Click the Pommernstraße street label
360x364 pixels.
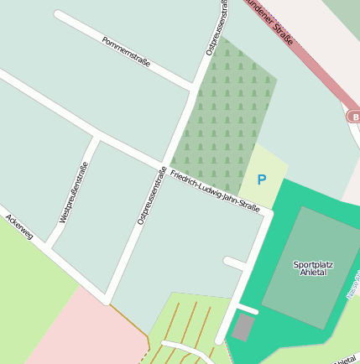pyautogui.click(x=126, y=52)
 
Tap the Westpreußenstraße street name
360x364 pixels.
pyautogui.click(x=75, y=192)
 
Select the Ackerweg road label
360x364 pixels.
pyautogui.click(x=18, y=227)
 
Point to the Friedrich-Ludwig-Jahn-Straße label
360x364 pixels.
pyautogui.click(x=214, y=190)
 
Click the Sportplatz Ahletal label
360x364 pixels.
pyautogui.click(x=313, y=268)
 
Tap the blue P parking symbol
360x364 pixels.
pyautogui.click(x=261, y=179)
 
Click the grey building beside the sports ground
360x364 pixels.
pyautogui.click(x=243, y=328)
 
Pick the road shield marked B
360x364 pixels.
pyautogui.click(x=355, y=117)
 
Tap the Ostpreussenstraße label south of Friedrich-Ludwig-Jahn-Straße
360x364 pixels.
pyautogui.click(x=152, y=195)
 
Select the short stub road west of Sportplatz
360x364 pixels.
pyautogui.click(x=235, y=263)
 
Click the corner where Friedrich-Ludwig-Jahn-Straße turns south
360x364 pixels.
pyautogui.click(x=268, y=215)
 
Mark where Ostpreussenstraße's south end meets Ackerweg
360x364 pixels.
pyautogui.click(x=107, y=299)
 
